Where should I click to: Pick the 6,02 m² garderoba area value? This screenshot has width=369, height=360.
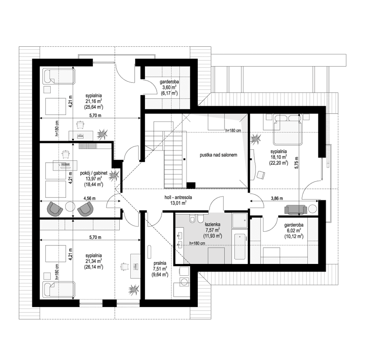click(292, 230)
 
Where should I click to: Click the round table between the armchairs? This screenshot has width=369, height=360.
click(70, 207)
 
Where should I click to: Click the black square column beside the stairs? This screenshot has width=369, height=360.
click(191, 185)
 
